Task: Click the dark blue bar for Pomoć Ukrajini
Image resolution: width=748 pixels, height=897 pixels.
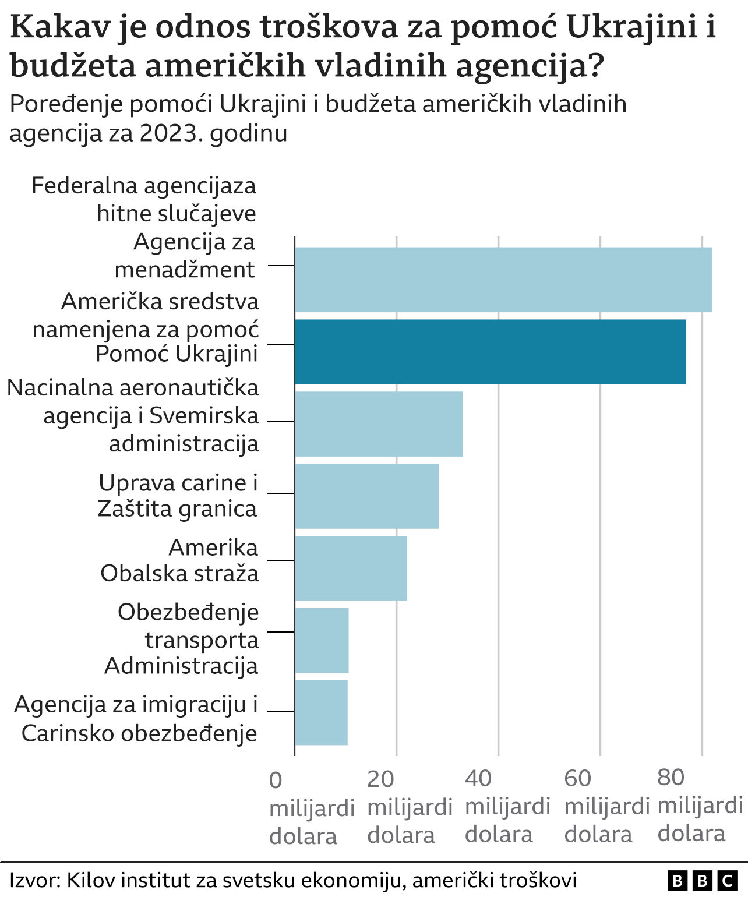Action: (490, 352)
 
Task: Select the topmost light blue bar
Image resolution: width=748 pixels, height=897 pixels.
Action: (503, 280)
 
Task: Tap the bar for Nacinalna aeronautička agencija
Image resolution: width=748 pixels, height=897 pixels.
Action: (379, 424)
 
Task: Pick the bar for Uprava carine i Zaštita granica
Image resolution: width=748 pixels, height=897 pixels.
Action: (366, 496)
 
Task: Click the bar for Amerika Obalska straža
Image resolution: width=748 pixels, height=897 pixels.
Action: (351, 568)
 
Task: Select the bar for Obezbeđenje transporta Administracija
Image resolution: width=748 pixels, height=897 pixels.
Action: (322, 640)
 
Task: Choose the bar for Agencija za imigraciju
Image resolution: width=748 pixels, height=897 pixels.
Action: (321, 712)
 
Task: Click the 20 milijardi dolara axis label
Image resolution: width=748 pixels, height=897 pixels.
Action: (410, 807)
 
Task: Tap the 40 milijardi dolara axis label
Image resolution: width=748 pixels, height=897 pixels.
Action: (507, 806)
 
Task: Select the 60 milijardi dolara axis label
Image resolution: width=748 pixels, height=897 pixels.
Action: (606, 806)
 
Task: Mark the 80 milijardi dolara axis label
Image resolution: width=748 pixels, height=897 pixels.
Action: (700, 806)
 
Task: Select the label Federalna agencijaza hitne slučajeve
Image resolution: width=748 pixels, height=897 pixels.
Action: (144, 199)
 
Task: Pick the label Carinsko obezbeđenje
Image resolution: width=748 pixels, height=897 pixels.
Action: (139, 733)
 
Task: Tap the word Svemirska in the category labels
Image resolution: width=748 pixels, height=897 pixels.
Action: (204, 416)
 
